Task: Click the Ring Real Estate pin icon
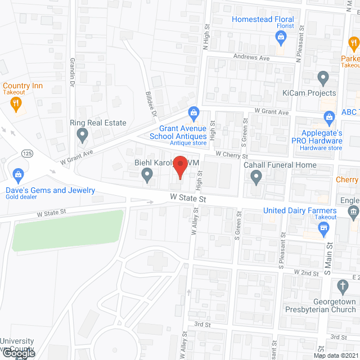[83, 134]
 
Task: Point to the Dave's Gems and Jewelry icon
[17, 175]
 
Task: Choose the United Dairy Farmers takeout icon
[323, 228]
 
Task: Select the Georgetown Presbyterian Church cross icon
[343, 286]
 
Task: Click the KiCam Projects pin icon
[323, 78]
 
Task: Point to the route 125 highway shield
[26, 153]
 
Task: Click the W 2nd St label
[308, 272]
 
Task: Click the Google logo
[19, 353]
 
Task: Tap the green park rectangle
[68, 230]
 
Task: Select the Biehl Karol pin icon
[147, 177]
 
